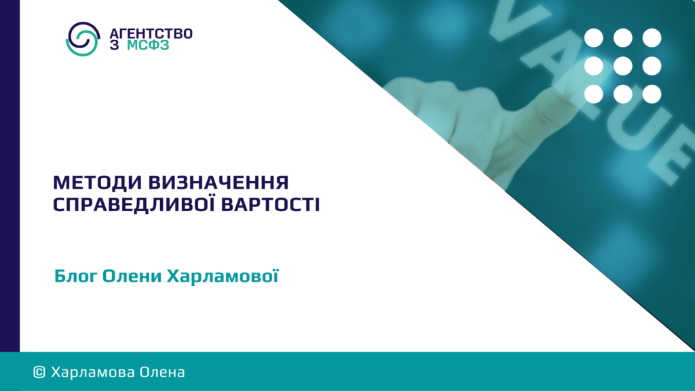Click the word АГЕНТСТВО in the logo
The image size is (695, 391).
[x=151, y=34]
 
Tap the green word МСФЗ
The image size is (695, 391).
[x=148, y=45]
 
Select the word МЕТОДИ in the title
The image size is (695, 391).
[x=97, y=183]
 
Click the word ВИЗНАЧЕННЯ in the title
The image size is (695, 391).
[x=218, y=183]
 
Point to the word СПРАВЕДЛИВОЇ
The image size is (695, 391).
[x=134, y=204]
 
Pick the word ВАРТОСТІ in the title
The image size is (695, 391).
[x=270, y=205]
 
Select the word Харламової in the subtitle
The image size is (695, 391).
[x=223, y=276]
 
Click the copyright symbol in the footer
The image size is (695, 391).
[x=39, y=373]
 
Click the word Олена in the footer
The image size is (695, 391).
[x=162, y=373]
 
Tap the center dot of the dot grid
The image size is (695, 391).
[x=623, y=66]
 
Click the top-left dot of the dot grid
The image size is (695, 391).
[x=593, y=38]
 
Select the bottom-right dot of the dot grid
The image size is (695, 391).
[x=652, y=94]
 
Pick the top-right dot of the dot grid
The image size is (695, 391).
[x=652, y=38]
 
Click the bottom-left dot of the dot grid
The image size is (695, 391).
[x=593, y=94]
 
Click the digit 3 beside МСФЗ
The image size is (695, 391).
[x=114, y=45]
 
